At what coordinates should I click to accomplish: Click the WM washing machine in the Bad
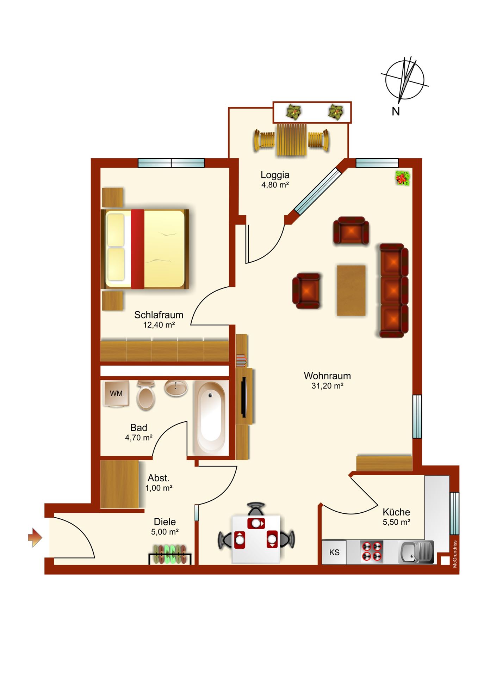pyautogui.click(x=116, y=394)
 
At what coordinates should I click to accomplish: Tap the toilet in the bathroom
pyautogui.click(x=146, y=396)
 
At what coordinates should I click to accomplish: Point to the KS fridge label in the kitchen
pyautogui.click(x=334, y=552)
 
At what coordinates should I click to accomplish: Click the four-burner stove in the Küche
pyautogui.click(x=372, y=551)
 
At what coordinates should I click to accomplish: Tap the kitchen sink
pyautogui.click(x=416, y=552)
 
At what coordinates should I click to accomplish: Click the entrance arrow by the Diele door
pyautogui.click(x=35, y=538)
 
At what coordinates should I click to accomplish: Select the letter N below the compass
pyautogui.click(x=396, y=111)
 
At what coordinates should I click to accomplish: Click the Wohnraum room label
pyautogui.click(x=327, y=376)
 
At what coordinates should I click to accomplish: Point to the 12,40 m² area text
pyautogui.click(x=159, y=325)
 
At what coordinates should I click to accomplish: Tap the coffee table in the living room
pyautogui.click(x=351, y=291)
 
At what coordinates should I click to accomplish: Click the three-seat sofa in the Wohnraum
pyautogui.click(x=394, y=290)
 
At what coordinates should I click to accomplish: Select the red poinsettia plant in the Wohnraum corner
pyautogui.click(x=403, y=178)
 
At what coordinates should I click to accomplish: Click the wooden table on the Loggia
pyautogui.click(x=292, y=140)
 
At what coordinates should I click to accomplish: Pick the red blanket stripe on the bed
pyautogui.click(x=137, y=249)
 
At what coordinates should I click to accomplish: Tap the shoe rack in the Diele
pyautogui.click(x=170, y=554)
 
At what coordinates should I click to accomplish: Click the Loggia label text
pyautogui.click(x=275, y=175)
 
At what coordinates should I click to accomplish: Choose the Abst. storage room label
pyautogui.click(x=159, y=478)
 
